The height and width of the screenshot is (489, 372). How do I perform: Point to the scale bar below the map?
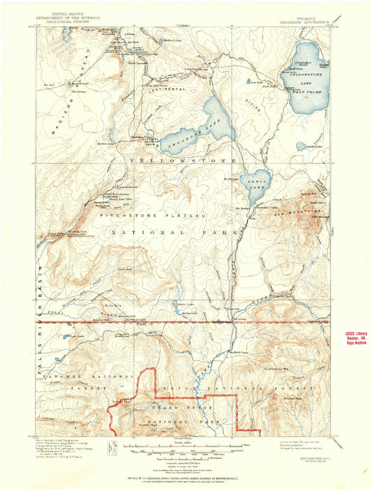[186, 444]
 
